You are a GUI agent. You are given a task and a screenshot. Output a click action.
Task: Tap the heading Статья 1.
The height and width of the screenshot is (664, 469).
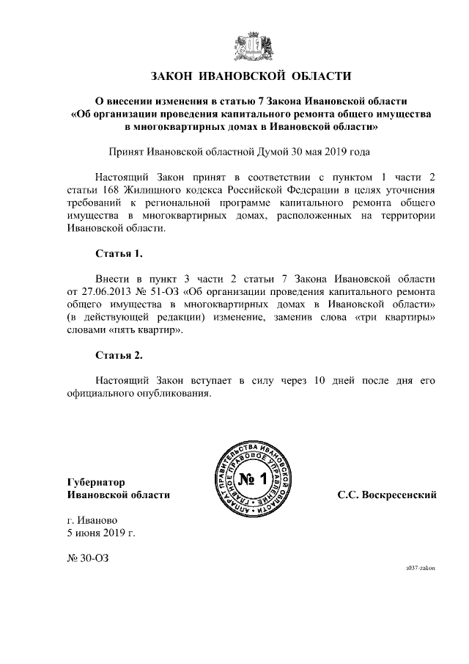coord(119,254)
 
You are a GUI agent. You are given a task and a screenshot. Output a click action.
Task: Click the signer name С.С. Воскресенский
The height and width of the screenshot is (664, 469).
coord(387,495)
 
